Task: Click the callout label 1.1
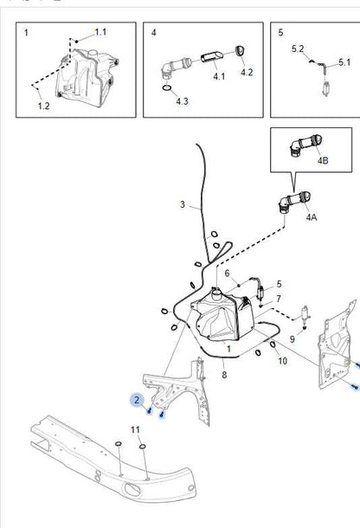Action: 100,32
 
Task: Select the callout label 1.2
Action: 43,106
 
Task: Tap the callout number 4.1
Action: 219,76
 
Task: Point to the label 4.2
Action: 247,73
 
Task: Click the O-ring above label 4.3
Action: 167,88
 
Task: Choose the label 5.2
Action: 298,48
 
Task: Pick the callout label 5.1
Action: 344,62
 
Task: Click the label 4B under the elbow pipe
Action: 323,160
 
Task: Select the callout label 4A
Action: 312,217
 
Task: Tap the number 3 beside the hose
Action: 183,204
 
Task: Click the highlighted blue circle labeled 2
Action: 137,400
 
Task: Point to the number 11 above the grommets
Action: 135,429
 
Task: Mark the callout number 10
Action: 282,361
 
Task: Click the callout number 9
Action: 292,339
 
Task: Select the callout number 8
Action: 224,375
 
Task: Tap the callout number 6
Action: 227,274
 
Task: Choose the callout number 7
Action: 279,299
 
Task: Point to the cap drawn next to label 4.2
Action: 240,51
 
